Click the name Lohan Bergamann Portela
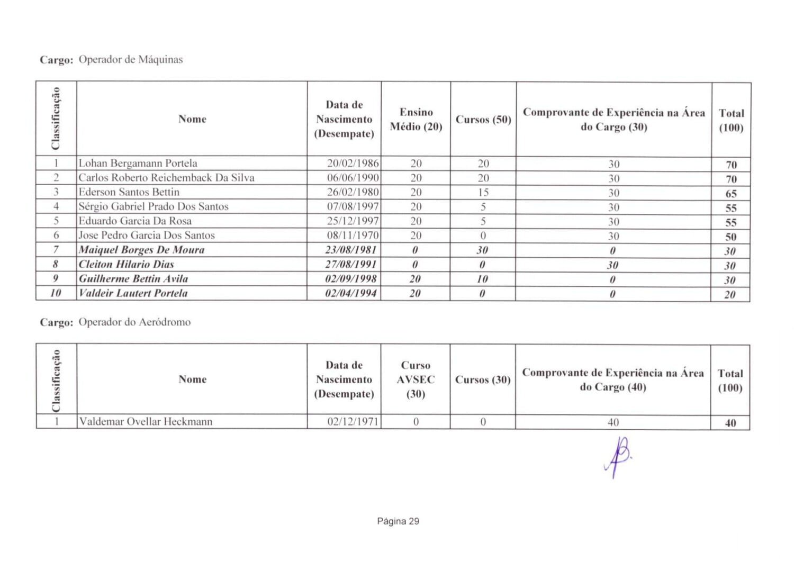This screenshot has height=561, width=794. pos(138,164)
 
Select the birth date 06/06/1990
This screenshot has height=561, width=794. pos(353,178)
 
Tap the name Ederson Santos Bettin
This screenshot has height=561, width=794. pos(129,192)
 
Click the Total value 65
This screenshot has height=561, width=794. pos(731,194)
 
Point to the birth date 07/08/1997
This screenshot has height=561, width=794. pos(353,206)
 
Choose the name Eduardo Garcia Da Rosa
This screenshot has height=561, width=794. pos(135,221)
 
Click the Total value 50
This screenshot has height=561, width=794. pos(731,237)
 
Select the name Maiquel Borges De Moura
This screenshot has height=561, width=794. pos(141,250)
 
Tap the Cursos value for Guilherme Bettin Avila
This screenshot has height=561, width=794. pos(482,279)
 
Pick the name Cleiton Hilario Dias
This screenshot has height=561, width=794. pos(126,264)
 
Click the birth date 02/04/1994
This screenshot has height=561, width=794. pos(351,293)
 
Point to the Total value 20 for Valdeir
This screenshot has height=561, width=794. pos(730,295)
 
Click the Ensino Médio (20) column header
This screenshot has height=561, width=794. pos(416,119)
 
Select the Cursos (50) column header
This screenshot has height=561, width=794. pos(483,120)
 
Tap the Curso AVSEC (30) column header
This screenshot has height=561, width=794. pos(416,379)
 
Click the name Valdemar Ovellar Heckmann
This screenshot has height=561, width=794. pos(146,422)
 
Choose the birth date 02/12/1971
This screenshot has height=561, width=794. pos(353,422)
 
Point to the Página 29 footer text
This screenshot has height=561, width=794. pos(398,521)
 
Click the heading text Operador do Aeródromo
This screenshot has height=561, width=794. pos(134,322)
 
